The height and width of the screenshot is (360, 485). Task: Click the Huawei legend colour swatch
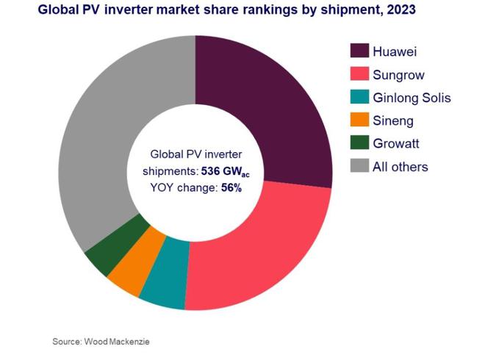click(359, 51)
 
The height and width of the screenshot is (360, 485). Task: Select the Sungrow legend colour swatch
click(359, 74)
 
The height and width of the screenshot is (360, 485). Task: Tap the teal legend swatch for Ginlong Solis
click(359, 97)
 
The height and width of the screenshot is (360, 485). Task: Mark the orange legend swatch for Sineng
click(359, 120)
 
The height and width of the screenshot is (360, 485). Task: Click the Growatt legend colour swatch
click(359, 143)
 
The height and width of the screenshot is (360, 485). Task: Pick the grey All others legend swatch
click(359, 167)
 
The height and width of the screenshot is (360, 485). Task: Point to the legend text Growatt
click(400, 143)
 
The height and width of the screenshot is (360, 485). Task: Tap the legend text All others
click(401, 167)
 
